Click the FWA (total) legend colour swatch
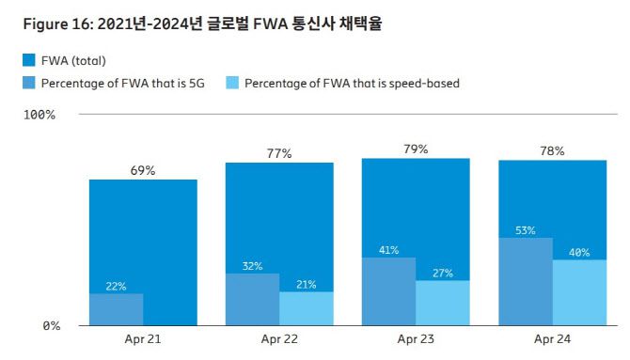28,61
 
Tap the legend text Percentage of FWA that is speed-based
352,84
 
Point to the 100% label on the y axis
39,115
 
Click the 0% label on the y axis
50,326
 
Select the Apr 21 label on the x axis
143,338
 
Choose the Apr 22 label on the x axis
279,338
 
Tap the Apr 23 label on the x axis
416,338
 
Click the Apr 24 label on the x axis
552,338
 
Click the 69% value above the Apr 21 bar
143,170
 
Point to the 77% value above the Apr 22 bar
279,153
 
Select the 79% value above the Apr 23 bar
416,149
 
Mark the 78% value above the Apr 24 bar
552,150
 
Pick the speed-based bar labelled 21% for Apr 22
307,309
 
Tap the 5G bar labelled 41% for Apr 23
388,292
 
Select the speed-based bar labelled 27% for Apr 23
443,304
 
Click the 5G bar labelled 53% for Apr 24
525,282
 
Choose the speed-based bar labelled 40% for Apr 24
579,293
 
